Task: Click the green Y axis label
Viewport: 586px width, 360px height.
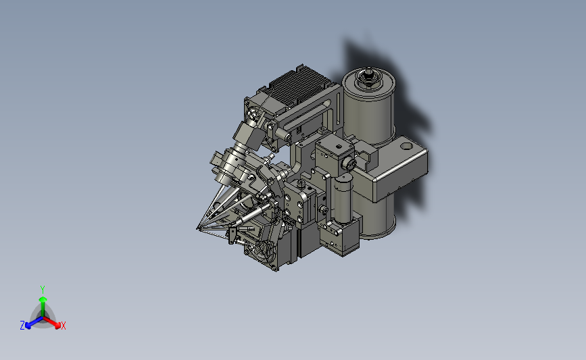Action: click(x=42, y=290)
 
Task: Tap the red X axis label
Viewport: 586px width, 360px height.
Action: click(x=63, y=326)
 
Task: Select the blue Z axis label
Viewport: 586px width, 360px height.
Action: click(x=22, y=326)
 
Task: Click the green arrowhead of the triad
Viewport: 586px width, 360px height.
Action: click(x=43, y=299)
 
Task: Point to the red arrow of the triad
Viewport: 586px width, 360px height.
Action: click(x=51, y=323)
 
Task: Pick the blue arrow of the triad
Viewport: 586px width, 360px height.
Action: click(x=34, y=323)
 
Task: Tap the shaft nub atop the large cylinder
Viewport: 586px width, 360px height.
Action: click(x=369, y=71)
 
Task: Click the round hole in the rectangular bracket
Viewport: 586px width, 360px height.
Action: click(x=408, y=146)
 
